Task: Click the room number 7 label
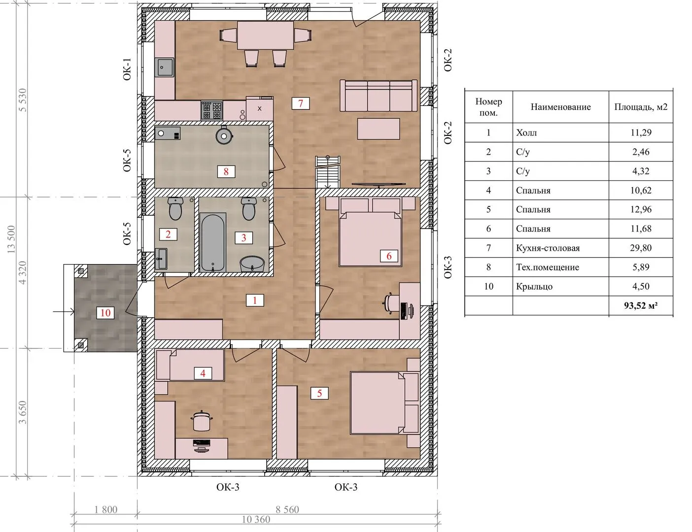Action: [x=300, y=103]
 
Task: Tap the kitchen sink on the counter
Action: [x=165, y=67]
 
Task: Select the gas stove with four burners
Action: [x=212, y=110]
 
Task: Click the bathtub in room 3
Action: [x=213, y=242]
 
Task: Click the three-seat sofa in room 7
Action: [x=379, y=95]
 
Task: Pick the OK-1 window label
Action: [x=127, y=69]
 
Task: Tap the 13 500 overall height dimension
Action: [x=11, y=239]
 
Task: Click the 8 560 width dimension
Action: [x=287, y=509]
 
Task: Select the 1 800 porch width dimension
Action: [x=106, y=509]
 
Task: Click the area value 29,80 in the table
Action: [x=641, y=248]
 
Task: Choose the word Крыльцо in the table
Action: [x=534, y=286]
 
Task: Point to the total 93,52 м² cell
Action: [x=641, y=305]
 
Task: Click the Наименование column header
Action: [x=560, y=106]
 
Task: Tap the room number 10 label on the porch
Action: [x=105, y=313]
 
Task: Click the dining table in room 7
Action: [x=265, y=35]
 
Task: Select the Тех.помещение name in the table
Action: [x=548, y=267]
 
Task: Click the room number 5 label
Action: [x=319, y=393]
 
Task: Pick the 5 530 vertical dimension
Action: [x=23, y=100]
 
